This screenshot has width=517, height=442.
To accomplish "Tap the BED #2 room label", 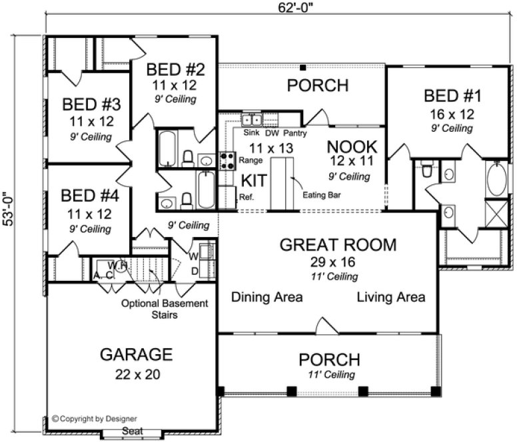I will pyautogui.click(x=171, y=69).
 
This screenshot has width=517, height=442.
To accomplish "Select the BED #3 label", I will pyautogui.click(x=91, y=105).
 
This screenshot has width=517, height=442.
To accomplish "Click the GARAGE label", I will pyautogui.click(x=136, y=354).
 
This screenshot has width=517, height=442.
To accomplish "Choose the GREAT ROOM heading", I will pyautogui.click(x=337, y=244).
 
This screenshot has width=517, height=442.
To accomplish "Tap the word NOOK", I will pyautogui.click(x=352, y=146).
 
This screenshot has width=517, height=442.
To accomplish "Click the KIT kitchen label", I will pyautogui.click(x=254, y=181).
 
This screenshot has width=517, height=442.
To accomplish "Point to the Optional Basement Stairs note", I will pyautogui.click(x=164, y=309).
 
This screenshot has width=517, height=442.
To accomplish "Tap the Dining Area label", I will pyautogui.click(x=267, y=297).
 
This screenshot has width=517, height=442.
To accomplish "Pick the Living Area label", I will pyautogui.click(x=390, y=297).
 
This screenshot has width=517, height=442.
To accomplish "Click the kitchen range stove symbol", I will pyautogui.click(x=227, y=160).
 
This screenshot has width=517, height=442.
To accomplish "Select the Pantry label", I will pyautogui.click(x=295, y=133).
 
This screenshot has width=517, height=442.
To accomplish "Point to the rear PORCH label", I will pyautogui.click(x=318, y=86).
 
